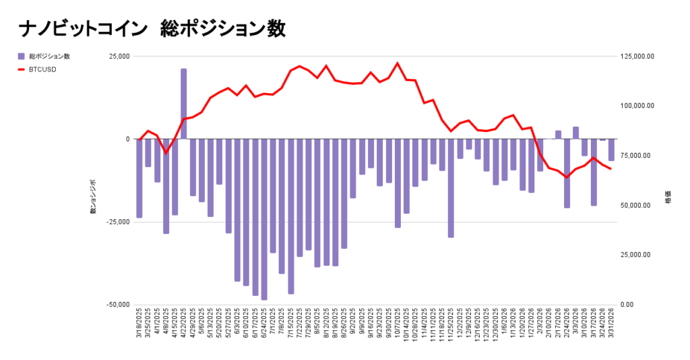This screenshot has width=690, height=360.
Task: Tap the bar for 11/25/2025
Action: pos(451,188)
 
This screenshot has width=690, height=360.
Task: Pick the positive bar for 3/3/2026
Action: pos(575,133)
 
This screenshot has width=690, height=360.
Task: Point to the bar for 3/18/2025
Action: pos(139,178)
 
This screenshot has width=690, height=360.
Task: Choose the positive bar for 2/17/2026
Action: pos(558,135)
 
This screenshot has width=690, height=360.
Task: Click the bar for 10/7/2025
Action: pos(398,183)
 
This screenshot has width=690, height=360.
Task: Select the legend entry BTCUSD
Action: pos(42,69)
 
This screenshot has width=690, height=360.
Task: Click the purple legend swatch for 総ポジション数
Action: pos(22,56)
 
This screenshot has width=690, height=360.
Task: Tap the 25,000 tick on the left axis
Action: pos(118,57)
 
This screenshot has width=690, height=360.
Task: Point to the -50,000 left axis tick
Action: pos(116,305)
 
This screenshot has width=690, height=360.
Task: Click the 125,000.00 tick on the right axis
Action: pos(636,57)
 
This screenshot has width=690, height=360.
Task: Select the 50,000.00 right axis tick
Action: pos(634,206)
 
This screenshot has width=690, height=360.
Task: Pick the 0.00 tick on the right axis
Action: pos(627,305)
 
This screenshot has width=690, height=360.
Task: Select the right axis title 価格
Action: pos(668,200)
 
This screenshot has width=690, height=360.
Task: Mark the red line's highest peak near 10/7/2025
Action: pos(398,63)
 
